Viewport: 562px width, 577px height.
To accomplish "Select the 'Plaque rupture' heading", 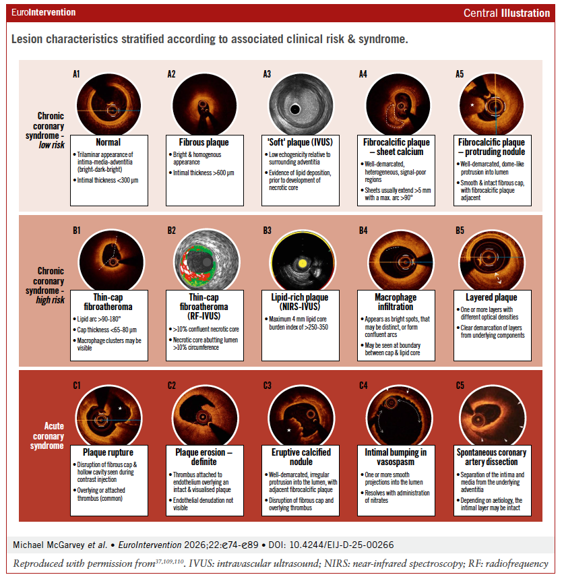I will tap(108, 452).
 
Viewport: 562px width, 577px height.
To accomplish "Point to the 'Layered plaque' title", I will tap(491, 297).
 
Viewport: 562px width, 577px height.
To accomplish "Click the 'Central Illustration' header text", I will tap(507, 13).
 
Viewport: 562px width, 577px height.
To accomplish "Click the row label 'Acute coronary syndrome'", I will tap(50, 435).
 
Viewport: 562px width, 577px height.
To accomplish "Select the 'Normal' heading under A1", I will tap(108, 142).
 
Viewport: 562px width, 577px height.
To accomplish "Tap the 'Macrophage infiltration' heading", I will tap(395, 301).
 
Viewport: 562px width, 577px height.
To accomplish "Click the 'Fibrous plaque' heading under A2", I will tap(203, 142).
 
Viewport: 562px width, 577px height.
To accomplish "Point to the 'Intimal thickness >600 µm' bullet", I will tap(206, 174).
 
